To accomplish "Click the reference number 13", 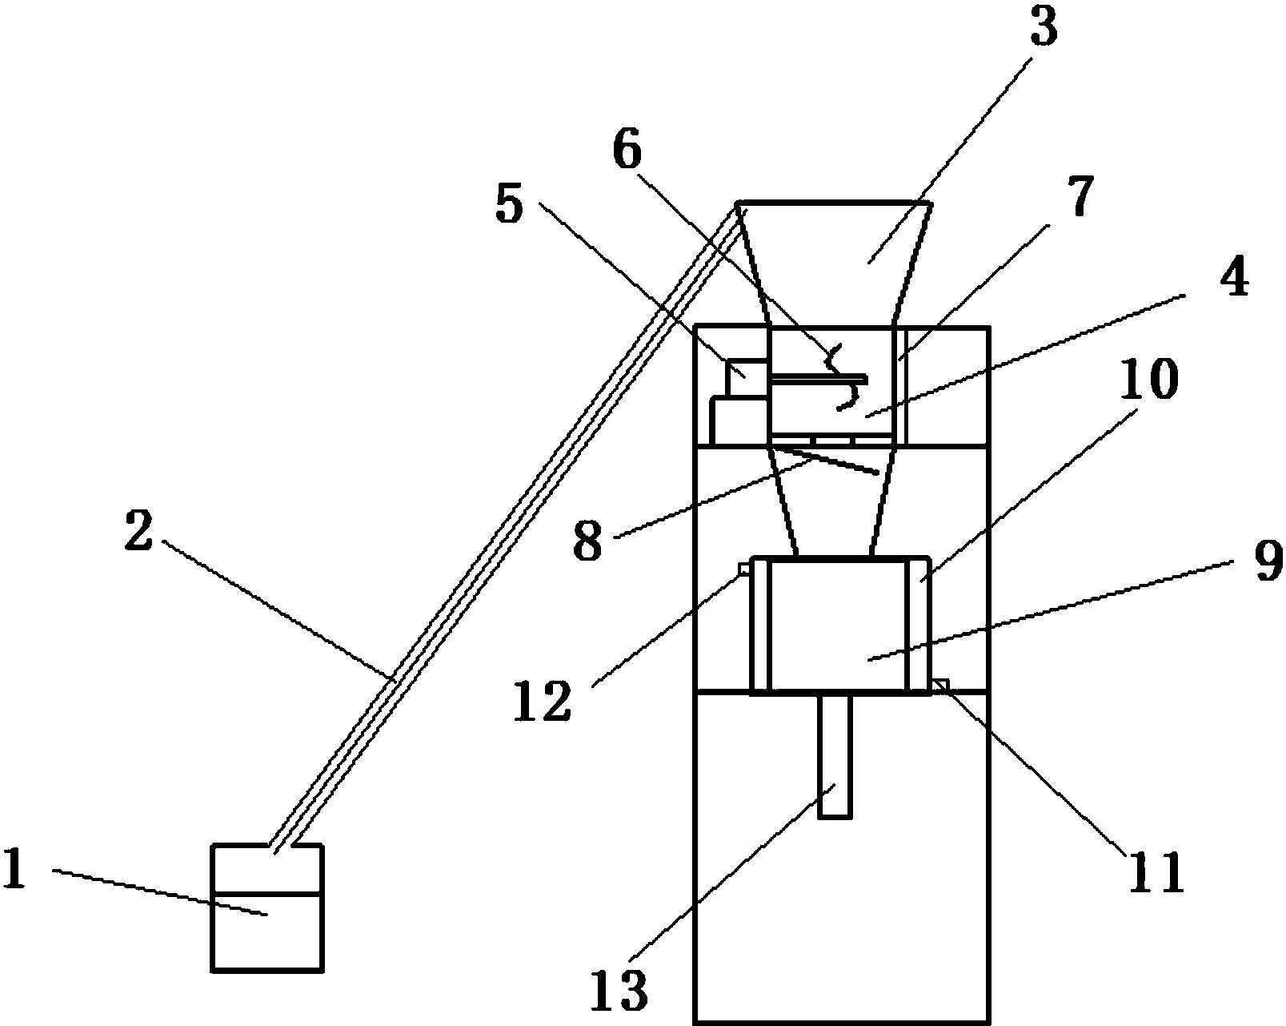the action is click(619, 989).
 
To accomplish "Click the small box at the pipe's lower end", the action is click(268, 907).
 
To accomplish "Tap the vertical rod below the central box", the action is click(835, 755).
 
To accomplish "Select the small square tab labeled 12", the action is click(745, 569).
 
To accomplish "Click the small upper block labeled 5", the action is click(747, 377).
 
